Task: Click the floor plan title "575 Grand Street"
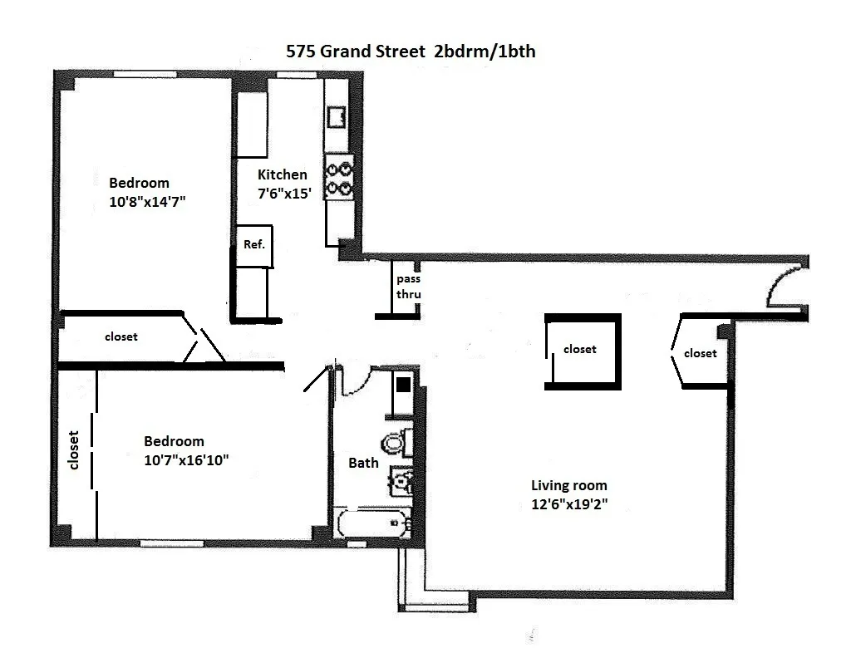[354, 51]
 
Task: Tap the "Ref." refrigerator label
[253, 245]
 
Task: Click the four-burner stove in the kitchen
[339, 177]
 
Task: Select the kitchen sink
[338, 117]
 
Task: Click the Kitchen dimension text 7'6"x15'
[283, 191]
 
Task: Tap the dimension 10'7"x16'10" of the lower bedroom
[186, 459]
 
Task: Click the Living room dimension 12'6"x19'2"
[569, 503]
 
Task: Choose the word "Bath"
[363, 463]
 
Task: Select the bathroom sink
[401, 481]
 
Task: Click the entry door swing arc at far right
[782, 286]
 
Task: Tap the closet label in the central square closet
[580, 350]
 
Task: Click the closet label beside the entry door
[700, 353]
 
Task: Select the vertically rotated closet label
[74, 449]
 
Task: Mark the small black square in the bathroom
[403, 385]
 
